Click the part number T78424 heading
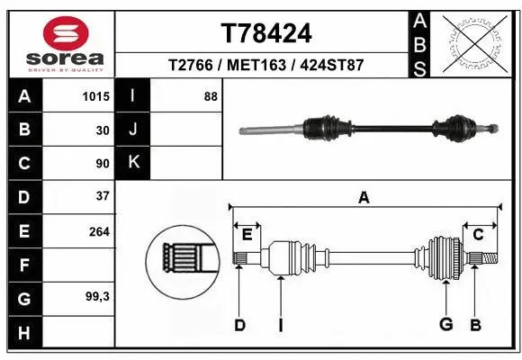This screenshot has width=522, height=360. pos(266,33)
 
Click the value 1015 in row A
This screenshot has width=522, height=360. pos(96,96)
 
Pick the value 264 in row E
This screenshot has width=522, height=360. pos(99,231)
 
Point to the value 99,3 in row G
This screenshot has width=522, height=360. pos(97,296)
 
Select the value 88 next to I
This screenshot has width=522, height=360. pos(211,96)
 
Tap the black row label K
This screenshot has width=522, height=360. pos(133,163)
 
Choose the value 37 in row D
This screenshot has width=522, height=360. pos(102,195)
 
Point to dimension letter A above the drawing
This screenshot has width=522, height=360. pos(364,199)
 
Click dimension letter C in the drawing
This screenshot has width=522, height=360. pos(478,235)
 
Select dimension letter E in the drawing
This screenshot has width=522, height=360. pos(247,235)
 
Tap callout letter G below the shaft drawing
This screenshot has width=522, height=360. pos(444,324)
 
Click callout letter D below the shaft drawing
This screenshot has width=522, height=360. pos(239,325)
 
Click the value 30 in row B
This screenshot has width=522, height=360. pos(103,130)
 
